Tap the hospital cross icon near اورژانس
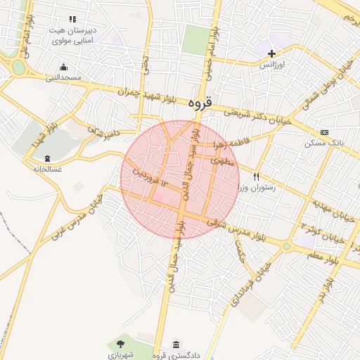pos(272,53)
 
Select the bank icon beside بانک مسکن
pos(324,132)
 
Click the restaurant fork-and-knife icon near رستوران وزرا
pos(257,176)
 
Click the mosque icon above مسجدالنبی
pos(64,67)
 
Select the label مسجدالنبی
pos(64,77)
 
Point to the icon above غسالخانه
pos(47,158)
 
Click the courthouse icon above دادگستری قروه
pos(175,345)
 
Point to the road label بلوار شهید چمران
pos(150,91)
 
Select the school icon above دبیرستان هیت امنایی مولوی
pos(72,20)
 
